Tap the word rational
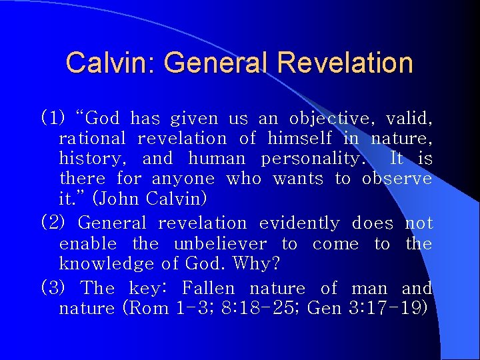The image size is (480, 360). (92, 139)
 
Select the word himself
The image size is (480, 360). (299, 139)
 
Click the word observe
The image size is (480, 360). (397, 179)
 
